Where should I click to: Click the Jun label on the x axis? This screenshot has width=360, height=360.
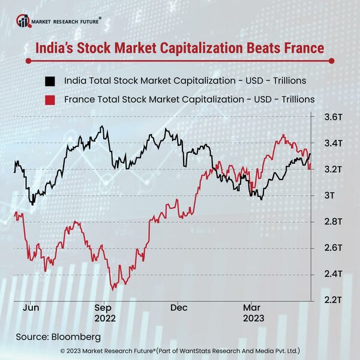(31, 307)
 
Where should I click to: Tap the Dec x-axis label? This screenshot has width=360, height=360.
(179, 307)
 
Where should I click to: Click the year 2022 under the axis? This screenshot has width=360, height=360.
(104, 319)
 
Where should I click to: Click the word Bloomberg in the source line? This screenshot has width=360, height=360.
(76, 336)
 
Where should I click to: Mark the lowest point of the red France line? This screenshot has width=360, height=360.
(112, 289)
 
